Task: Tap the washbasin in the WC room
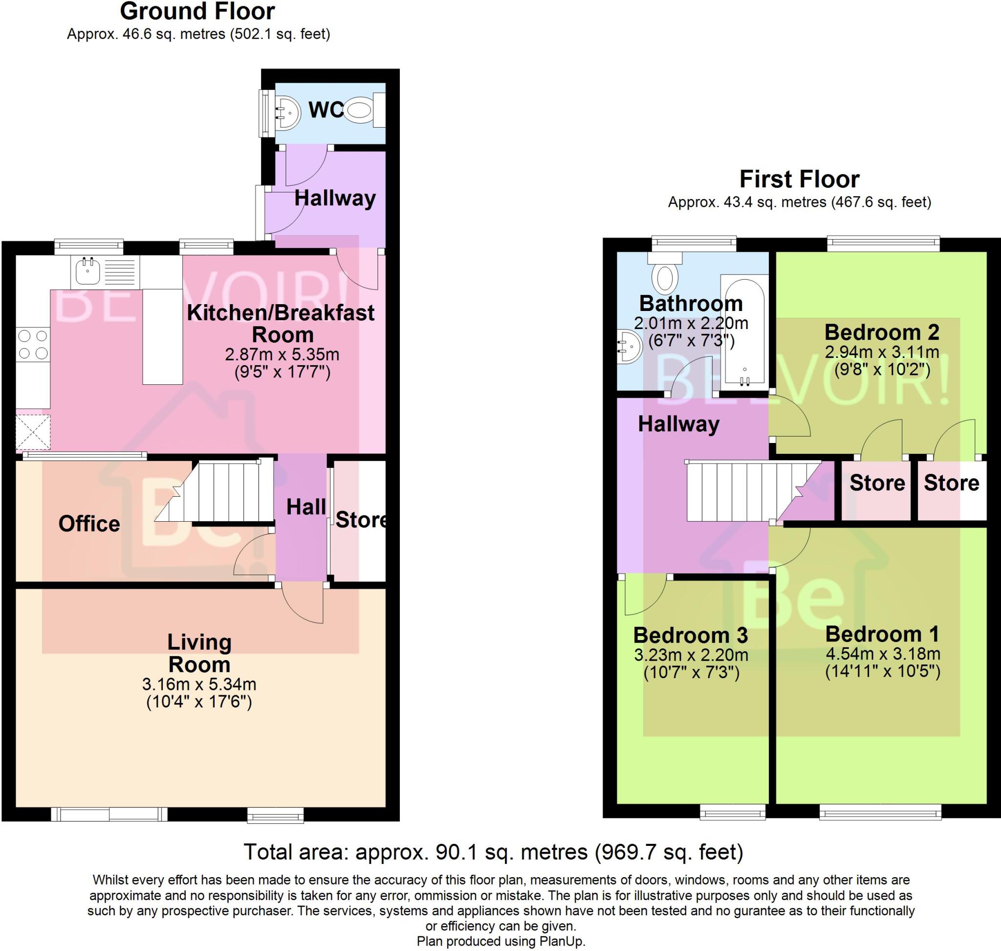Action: pyautogui.click(x=286, y=112)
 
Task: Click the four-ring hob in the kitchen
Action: pyautogui.click(x=33, y=345)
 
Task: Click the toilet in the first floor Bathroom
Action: pyautogui.click(x=665, y=274)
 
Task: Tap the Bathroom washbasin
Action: pyautogui.click(x=629, y=346)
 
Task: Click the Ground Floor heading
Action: pyautogui.click(x=197, y=11)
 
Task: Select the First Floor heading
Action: pyautogui.click(x=799, y=179)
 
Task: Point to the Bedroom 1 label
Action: pyautogui.click(x=882, y=634)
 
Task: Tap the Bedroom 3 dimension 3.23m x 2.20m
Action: pyautogui.click(x=691, y=655)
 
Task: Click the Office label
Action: pyautogui.click(x=89, y=524)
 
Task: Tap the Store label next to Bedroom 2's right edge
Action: pyautogui.click(x=951, y=483)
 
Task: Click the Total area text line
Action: pyautogui.click(x=493, y=852)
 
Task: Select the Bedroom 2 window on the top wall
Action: pyautogui.click(x=883, y=243)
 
